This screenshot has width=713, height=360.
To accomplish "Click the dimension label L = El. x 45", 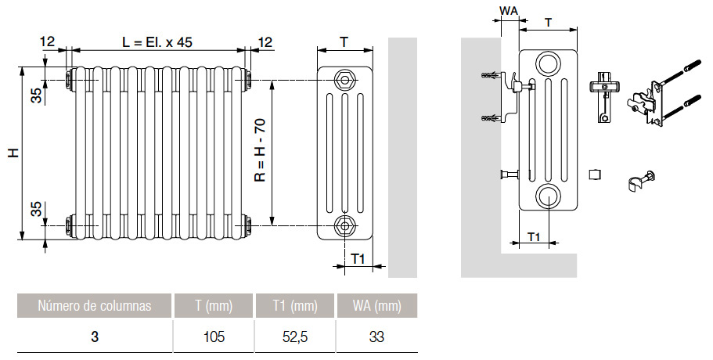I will point(157,42).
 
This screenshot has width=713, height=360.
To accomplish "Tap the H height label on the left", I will point(13,153).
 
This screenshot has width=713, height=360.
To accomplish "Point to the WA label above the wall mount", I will point(509,10).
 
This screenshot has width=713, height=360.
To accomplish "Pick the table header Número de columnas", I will point(94,306).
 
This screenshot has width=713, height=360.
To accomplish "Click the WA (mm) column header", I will point(376,306).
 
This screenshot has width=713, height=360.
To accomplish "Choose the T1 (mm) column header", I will point(294,306).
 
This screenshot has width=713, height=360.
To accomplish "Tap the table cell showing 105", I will point(214,337).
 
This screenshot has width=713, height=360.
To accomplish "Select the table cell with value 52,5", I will point(294,337).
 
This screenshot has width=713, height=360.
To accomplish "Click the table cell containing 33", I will point(376,337).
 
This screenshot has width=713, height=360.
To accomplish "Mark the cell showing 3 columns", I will point(94,337).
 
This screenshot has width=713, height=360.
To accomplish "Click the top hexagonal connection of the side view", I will point(344,78).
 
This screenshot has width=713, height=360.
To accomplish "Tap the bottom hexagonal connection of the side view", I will point(344,226).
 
